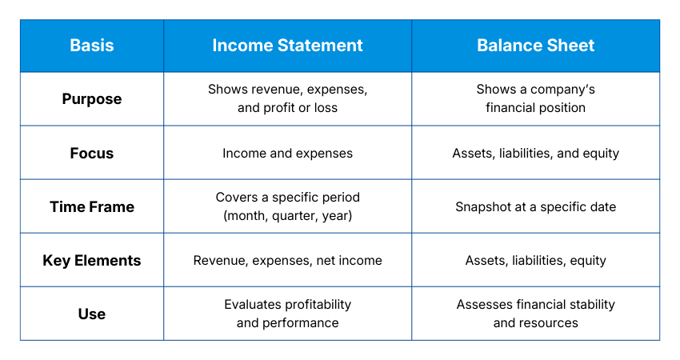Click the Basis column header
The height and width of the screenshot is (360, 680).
pyautogui.click(x=91, y=46)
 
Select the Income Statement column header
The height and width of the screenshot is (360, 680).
pyautogui.click(x=287, y=46)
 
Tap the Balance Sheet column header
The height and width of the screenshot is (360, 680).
pyautogui.click(x=535, y=46)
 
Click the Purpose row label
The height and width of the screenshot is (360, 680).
pyautogui.click(x=91, y=99)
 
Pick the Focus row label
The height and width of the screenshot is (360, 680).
pyautogui.click(x=91, y=153)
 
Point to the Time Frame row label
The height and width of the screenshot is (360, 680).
pyautogui.click(x=91, y=206)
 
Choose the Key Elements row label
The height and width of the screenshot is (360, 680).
pyautogui.click(x=91, y=260)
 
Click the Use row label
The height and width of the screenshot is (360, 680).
pyautogui.click(x=91, y=314)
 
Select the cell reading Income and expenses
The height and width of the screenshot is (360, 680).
pyautogui.click(x=287, y=153)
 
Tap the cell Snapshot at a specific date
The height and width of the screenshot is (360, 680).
pyautogui.click(x=535, y=206)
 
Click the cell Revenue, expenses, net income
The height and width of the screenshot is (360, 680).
pyautogui.click(x=287, y=260)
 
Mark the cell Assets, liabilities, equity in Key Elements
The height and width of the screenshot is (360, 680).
pyautogui.click(x=535, y=260)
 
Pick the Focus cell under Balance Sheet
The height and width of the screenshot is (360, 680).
pyautogui.click(x=535, y=153)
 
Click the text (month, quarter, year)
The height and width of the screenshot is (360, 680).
pyautogui.click(x=287, y=215)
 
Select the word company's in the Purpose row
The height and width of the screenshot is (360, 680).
pyautogui.click(x=562, y=90)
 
